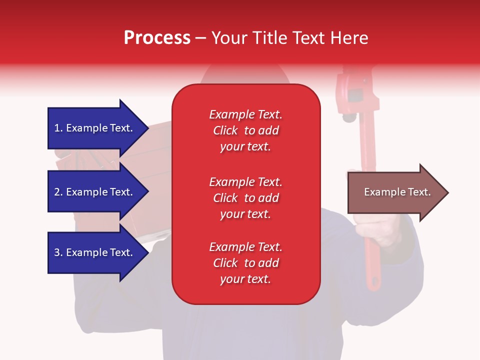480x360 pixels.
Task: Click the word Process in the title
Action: [x=157, y=38]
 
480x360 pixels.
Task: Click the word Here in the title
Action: [x=349, y=38]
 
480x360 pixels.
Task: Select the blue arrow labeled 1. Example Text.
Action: [x=98, y=128]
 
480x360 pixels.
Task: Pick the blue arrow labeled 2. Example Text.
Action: [x=98, y=192]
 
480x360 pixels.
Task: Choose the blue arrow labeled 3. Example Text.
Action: [x=98, y=252]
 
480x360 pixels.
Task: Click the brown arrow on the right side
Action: [x=398, y=192]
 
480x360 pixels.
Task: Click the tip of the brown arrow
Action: [x=448, y=192]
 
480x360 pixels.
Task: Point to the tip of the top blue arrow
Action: [x=149, y=128]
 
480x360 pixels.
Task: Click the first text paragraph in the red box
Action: [x=246, y=130]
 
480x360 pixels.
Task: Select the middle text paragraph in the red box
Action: [x=246, y=198]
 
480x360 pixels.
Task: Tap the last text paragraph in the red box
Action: [x=246, y=263]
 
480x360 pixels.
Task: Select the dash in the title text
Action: [x=200, y=39]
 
